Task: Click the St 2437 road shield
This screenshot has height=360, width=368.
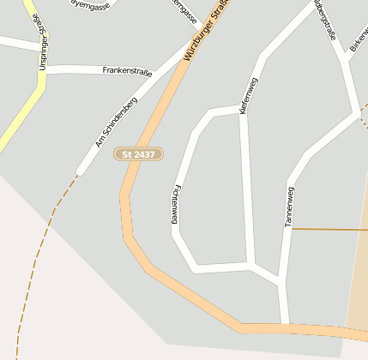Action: (138, 153)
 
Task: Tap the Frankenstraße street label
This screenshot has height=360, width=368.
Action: (126, 71)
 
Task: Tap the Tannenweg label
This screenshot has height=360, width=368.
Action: (289, 206)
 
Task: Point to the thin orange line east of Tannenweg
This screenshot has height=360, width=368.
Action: (330, 230)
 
